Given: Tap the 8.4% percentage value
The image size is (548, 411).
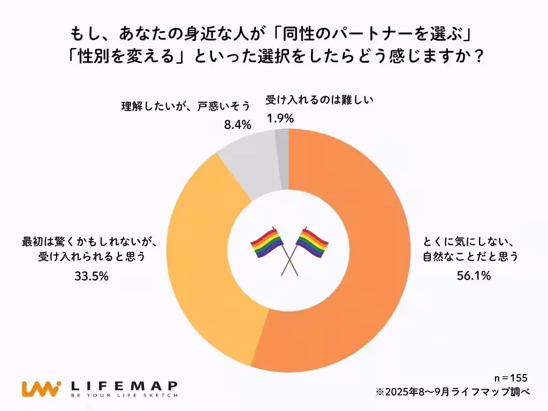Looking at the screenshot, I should (237, 125).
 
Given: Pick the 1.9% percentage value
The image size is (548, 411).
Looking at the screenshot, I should (280, 118).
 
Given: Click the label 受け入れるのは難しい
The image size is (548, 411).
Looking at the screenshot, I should (319, 100).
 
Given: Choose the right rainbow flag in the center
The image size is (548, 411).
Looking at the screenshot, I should (311, 243).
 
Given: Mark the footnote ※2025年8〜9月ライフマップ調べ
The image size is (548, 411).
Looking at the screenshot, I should (452, 392).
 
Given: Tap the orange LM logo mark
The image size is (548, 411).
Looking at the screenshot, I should (41, 389).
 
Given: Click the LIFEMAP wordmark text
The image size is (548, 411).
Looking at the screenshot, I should (124, 385).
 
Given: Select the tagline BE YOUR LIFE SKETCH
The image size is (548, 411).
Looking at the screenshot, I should (124, 396).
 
